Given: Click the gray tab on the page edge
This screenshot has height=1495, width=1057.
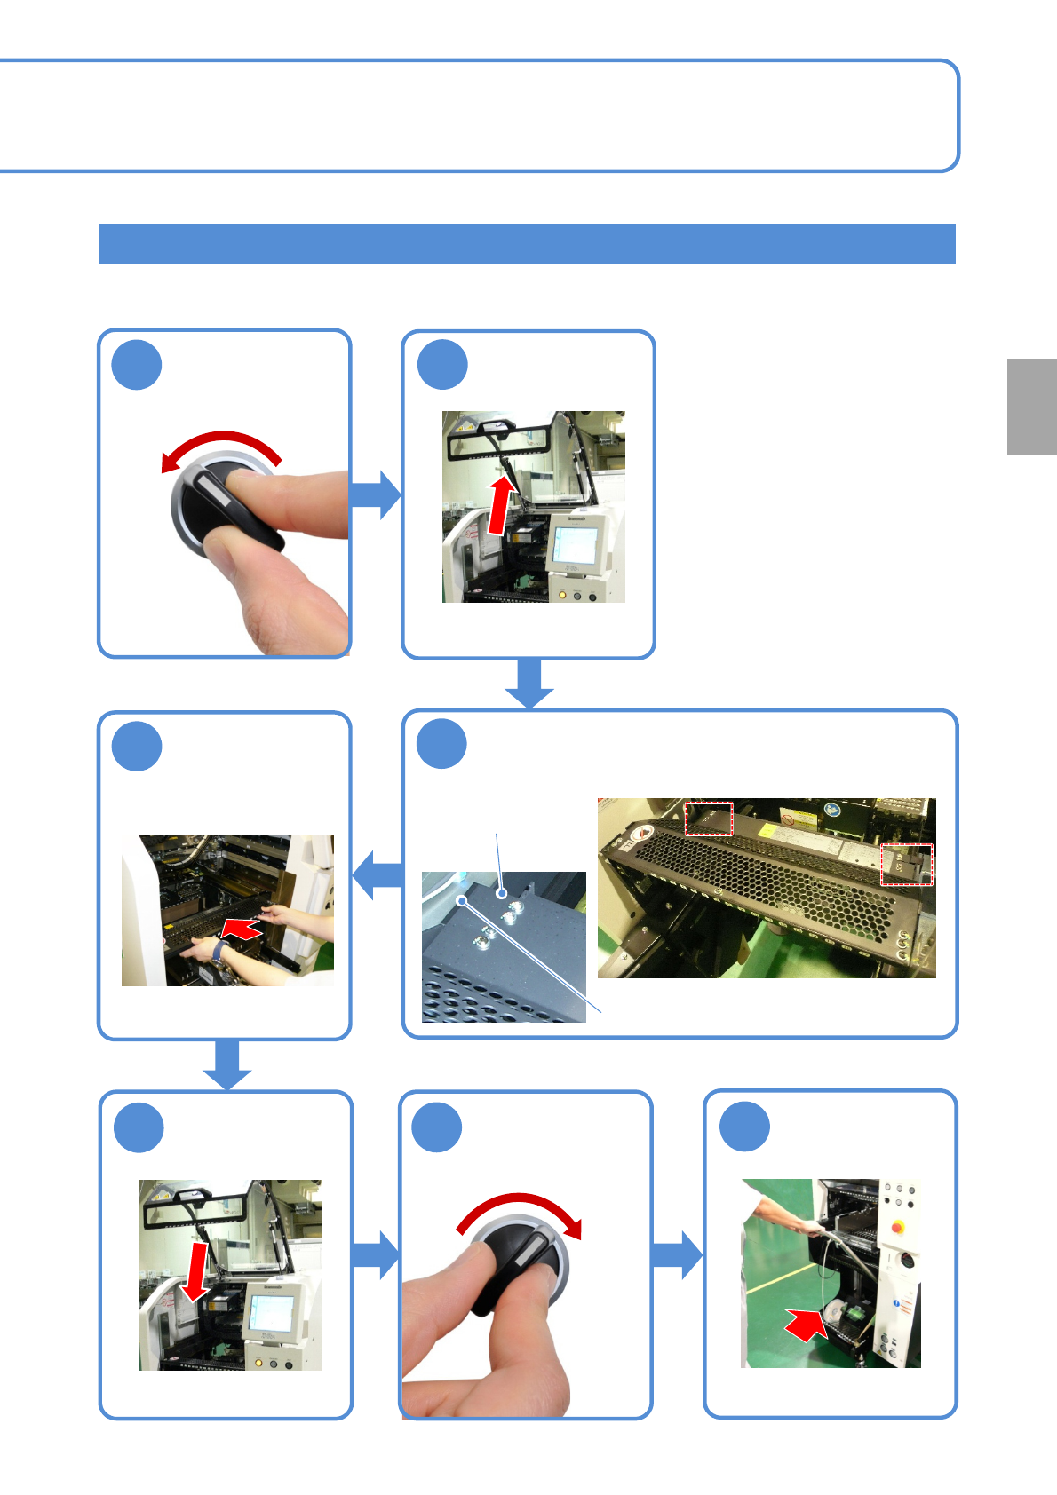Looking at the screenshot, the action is pyautogui.click(x=1031, y=406).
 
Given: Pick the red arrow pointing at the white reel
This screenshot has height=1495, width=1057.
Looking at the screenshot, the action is pyautogui.click(x=806, y=1325).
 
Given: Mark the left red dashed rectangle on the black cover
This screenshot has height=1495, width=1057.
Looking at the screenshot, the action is pyautogui.click(x=708, y=819).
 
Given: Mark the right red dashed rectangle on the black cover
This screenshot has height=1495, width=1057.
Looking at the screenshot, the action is pyautogui.click(x=906, y=864).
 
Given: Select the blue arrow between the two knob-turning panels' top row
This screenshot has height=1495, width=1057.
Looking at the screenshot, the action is pyautogui.click(x=377, y=494).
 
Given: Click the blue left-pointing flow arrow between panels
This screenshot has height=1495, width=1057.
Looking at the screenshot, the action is pyautogui.click(x=377, y=874).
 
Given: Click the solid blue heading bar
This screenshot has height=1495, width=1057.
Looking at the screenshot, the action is pyautogui.click(x=527, y=243).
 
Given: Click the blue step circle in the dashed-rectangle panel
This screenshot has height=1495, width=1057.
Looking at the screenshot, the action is pyautogui.click(x=441, y=744).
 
